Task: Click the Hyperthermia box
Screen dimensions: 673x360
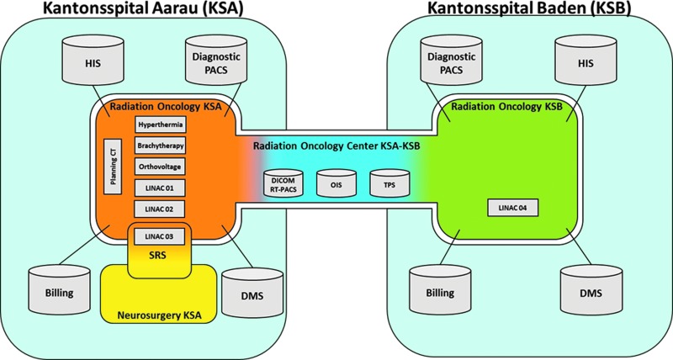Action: tap(161, 124)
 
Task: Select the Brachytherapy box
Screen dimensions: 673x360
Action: tap(161, 146)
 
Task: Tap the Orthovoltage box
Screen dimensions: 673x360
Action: tap(160, 167)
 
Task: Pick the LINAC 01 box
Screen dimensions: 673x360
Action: tap(160, 188)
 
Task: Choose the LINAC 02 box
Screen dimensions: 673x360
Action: tap(160, 209)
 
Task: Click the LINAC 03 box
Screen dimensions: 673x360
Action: tap(160, 236)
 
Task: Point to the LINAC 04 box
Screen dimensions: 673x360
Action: tap(513, 208)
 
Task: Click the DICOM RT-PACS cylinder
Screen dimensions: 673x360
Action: tap(284, 183)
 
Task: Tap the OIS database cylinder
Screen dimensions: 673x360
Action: tap(336, 183)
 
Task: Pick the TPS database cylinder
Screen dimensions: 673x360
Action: tap(389, 183)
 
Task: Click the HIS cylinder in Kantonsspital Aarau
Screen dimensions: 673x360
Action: tap(93, 60)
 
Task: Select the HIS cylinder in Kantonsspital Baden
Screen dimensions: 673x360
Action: tap(586, 60)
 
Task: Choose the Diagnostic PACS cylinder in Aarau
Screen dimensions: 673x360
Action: tap(216, 60)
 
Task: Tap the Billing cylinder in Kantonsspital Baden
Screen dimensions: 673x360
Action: tap(440, 289)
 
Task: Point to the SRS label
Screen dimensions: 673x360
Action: tap(160, 257)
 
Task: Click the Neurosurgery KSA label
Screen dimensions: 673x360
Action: tap(160, 316)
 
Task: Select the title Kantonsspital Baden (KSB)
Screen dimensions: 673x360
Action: tap(528, 8)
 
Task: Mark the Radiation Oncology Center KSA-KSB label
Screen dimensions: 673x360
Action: tap(336, 146)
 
